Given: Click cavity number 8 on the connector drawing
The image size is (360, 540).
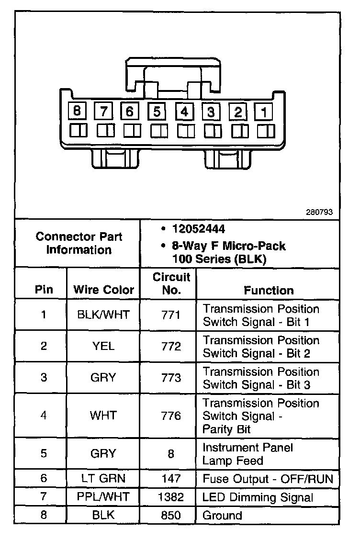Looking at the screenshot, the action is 77,112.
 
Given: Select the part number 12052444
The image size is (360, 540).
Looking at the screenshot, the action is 198,230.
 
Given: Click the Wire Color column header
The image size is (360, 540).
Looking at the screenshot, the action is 103,290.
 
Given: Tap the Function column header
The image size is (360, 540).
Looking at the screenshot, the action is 269,290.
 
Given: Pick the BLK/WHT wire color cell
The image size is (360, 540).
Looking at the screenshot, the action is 103,315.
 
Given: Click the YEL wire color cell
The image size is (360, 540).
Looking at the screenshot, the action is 103,346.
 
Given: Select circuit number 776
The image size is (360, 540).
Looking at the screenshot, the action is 171,415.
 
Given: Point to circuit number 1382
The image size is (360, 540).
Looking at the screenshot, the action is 171,497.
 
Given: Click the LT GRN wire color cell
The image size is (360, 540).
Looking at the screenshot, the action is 103,478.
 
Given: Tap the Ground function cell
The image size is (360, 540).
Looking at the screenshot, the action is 223,516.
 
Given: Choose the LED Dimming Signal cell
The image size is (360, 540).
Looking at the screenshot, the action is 258,497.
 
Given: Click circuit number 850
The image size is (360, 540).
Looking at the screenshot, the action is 171,516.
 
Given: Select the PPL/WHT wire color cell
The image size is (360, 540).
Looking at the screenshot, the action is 103,497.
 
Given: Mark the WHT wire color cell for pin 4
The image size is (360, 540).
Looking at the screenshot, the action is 103,415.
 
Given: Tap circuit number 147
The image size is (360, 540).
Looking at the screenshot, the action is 171,478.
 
